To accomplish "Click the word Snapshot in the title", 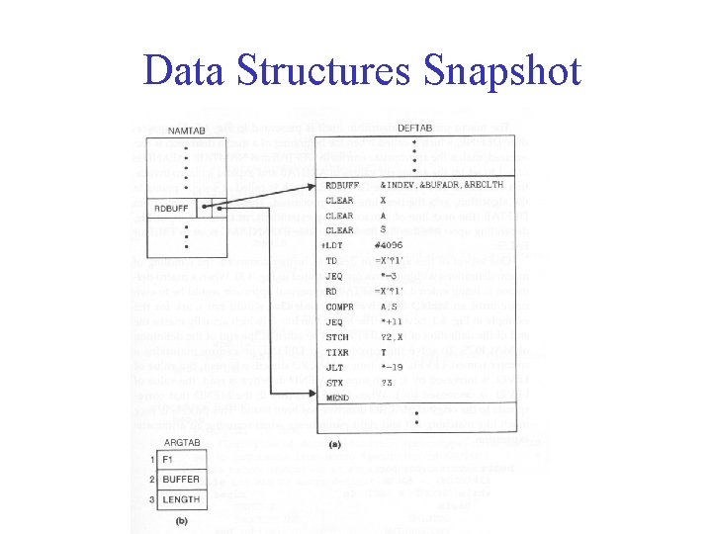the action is click(x=502, y=70).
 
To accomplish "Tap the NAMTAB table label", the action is click(x=188, y=132).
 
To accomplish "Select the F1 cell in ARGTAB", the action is click(x=167, y=460).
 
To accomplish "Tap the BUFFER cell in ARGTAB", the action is click(x=180, y=480).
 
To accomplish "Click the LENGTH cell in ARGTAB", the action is click(x=180, y=499).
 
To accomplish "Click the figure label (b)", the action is click(x=181, y=520).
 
